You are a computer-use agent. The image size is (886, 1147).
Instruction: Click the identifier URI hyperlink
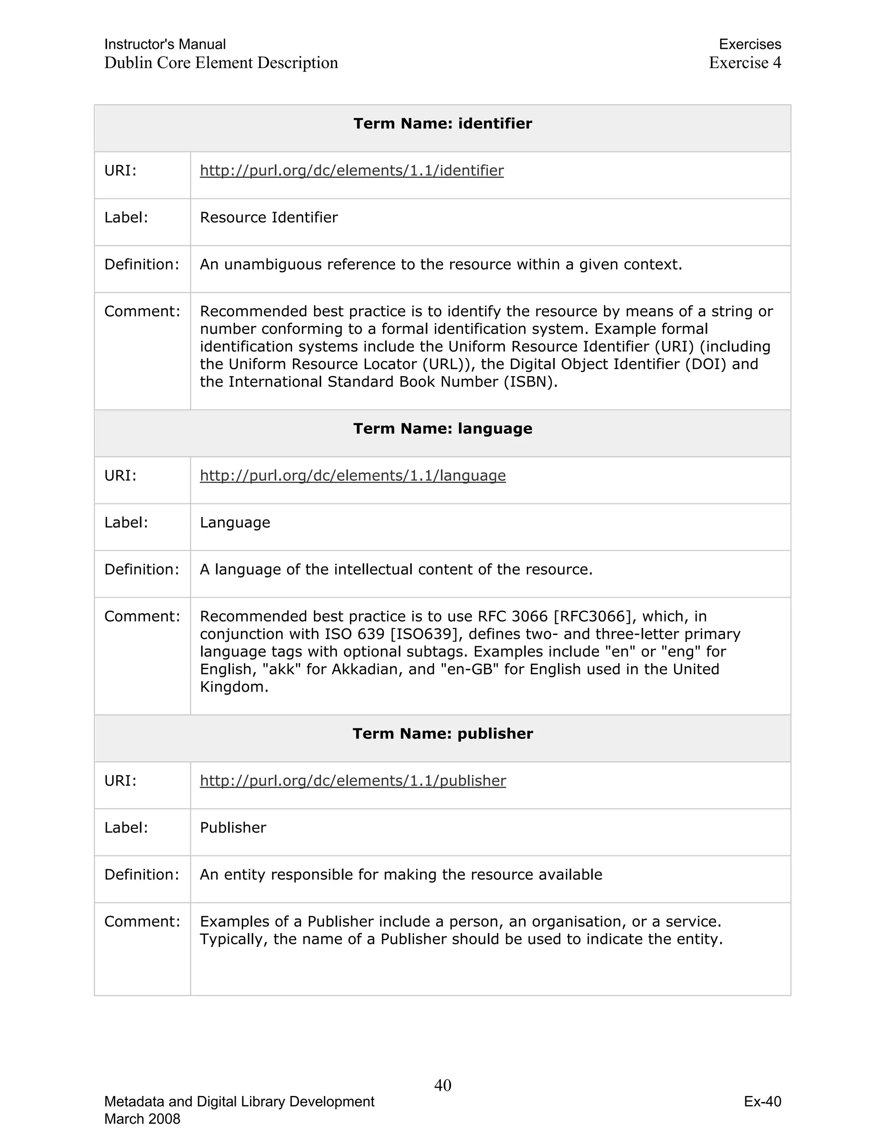352,171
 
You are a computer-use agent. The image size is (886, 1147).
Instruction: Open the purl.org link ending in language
353,476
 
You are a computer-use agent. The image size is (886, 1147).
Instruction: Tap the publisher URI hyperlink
353,781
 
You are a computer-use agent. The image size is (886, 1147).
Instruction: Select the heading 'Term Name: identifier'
443,124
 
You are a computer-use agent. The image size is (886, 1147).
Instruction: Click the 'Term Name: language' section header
443,429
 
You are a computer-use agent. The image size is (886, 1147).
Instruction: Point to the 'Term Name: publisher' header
443,734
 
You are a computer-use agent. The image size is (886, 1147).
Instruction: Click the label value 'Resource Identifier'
269,217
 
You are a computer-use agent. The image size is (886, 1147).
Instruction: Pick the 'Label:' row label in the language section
126,522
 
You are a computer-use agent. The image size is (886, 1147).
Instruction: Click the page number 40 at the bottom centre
443,1086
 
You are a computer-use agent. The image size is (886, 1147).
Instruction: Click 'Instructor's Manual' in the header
165,45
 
